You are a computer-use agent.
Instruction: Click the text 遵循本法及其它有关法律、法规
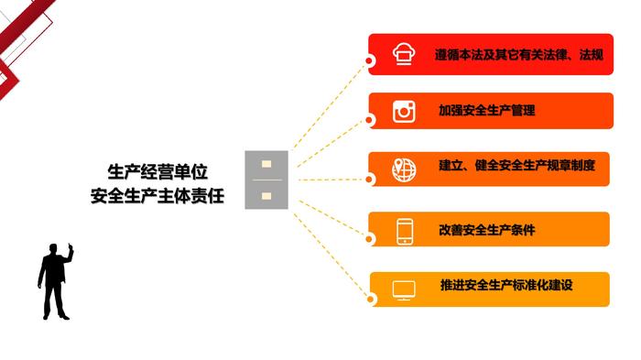[x=519, y=54]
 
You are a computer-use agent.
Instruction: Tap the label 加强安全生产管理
[x=486, y=110]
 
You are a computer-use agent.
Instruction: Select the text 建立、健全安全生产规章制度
[x=516, y=165]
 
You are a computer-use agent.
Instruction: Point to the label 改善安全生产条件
[x=486, y=230]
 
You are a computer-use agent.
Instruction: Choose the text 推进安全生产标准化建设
[x=506, y=285]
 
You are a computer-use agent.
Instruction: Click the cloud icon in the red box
[x=404, y=54]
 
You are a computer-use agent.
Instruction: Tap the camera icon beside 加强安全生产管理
[x=404, y=111]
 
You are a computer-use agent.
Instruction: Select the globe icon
[x=404, y=169]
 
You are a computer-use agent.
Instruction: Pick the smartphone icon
[x=405, y=232]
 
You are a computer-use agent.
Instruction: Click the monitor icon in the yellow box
[x=404, y=290]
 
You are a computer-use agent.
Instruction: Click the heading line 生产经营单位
[x=158, y=172]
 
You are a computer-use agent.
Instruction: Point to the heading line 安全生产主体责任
[x=158, y=196]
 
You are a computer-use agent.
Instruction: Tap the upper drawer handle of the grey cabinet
[x=266, y=164]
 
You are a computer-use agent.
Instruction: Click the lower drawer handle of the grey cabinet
[x=266, y=196]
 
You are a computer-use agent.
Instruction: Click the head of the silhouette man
[x=53, y=248]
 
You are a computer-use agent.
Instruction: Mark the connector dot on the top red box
[x=369, y=61]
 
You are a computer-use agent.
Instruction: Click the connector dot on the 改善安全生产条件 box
[x=369, y=239]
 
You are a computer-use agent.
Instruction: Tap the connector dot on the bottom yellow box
[x=370, y=299]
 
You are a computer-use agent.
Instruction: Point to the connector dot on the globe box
[x=369, y=180]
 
